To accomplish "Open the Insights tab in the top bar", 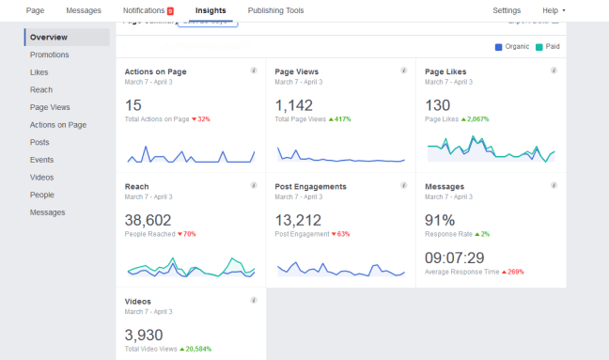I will click(211, 10).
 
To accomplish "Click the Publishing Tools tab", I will click(275, 10).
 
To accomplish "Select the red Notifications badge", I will click(170, 11).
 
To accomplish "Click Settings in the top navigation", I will click(507, 10).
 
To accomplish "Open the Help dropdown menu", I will click(554, 10).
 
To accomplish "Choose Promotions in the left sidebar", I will click(49, 55).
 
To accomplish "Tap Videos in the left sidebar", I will click(41, 177).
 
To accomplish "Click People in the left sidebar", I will click(41, 195).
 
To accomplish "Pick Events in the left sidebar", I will click(41, 160).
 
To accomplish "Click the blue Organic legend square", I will click(498, 46).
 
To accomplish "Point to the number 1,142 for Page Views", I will click(293, 105).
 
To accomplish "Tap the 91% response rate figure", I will click(440, 221).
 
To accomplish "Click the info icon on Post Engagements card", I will click(403, 186).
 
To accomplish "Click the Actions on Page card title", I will click(155, 70).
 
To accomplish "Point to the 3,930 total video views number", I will click(145, 335).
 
